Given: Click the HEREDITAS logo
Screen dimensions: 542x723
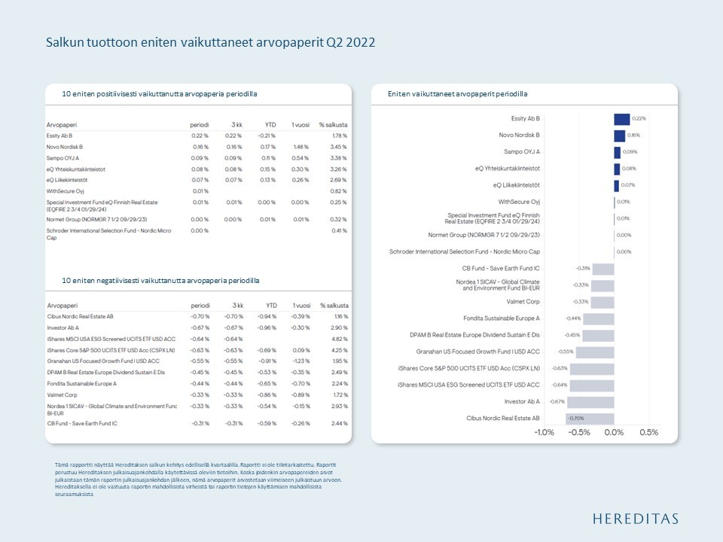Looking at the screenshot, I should point(635,519).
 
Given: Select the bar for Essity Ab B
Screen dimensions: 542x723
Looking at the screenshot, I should point(621,119).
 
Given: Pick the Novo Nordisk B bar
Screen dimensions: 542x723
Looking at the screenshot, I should point(619,135).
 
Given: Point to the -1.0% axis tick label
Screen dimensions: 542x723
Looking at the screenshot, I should point(544,433).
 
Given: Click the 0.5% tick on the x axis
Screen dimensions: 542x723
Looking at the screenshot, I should point(648,433).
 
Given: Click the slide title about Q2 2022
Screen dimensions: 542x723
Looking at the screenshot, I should point(210,43).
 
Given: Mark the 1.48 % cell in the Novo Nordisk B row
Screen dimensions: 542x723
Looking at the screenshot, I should point(301,147).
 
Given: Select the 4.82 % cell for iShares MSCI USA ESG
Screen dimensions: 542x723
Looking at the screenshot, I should point(340,339).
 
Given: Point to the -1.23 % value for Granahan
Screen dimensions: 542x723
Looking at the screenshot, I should point(301,361).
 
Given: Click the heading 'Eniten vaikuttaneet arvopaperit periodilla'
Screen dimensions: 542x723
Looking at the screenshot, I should point(457,94).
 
